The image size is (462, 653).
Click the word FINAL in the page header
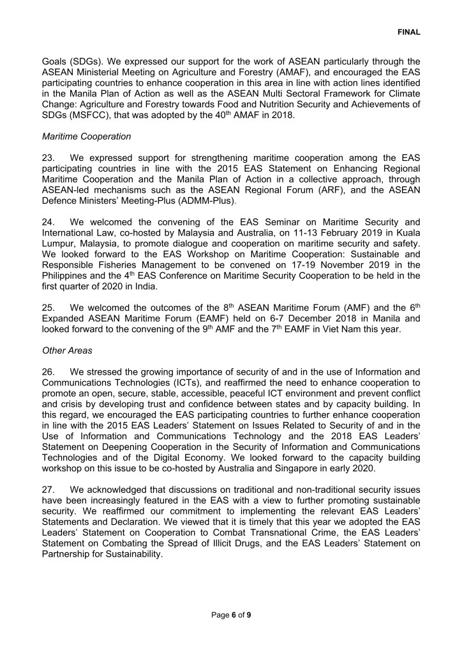click(409, 31)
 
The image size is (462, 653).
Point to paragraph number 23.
click(50, 156)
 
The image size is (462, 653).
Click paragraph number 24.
click(50, 222)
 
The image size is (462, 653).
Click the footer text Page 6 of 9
click(231, 615)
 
